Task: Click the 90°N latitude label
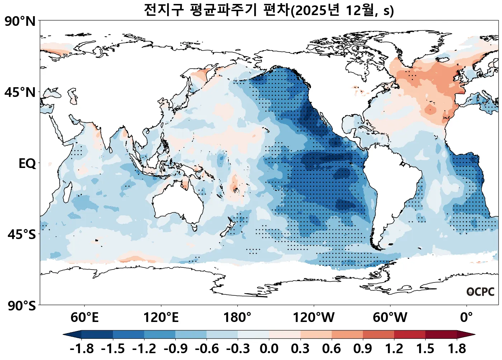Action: pos(20,22)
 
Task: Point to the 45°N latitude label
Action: pos(20,93)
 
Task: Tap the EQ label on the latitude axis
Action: pos(27,164)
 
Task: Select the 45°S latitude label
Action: pos(22,235)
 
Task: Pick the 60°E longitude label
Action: pos(84,318)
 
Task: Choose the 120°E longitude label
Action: pos(161,318)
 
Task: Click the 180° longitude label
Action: pos(237,318)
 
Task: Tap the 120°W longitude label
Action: pos(314,318)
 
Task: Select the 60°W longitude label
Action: pos(390,318)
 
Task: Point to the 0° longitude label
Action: pos(467,318)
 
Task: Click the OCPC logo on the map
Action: pos(480,292)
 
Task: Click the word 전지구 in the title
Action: pos(164,10)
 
